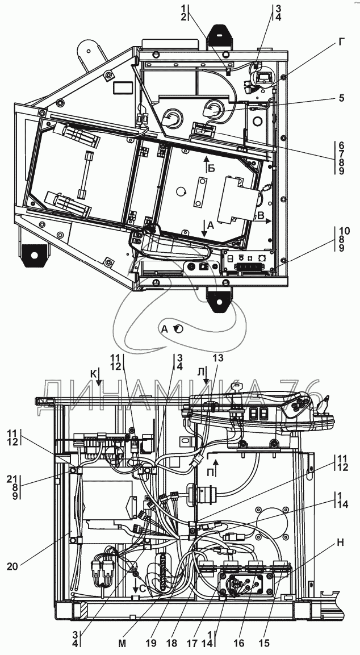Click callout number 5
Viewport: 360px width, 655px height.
(x=341, y=98)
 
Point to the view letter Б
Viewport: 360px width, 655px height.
(x=211, y=168)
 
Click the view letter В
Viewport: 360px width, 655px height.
(x=261, y=215)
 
